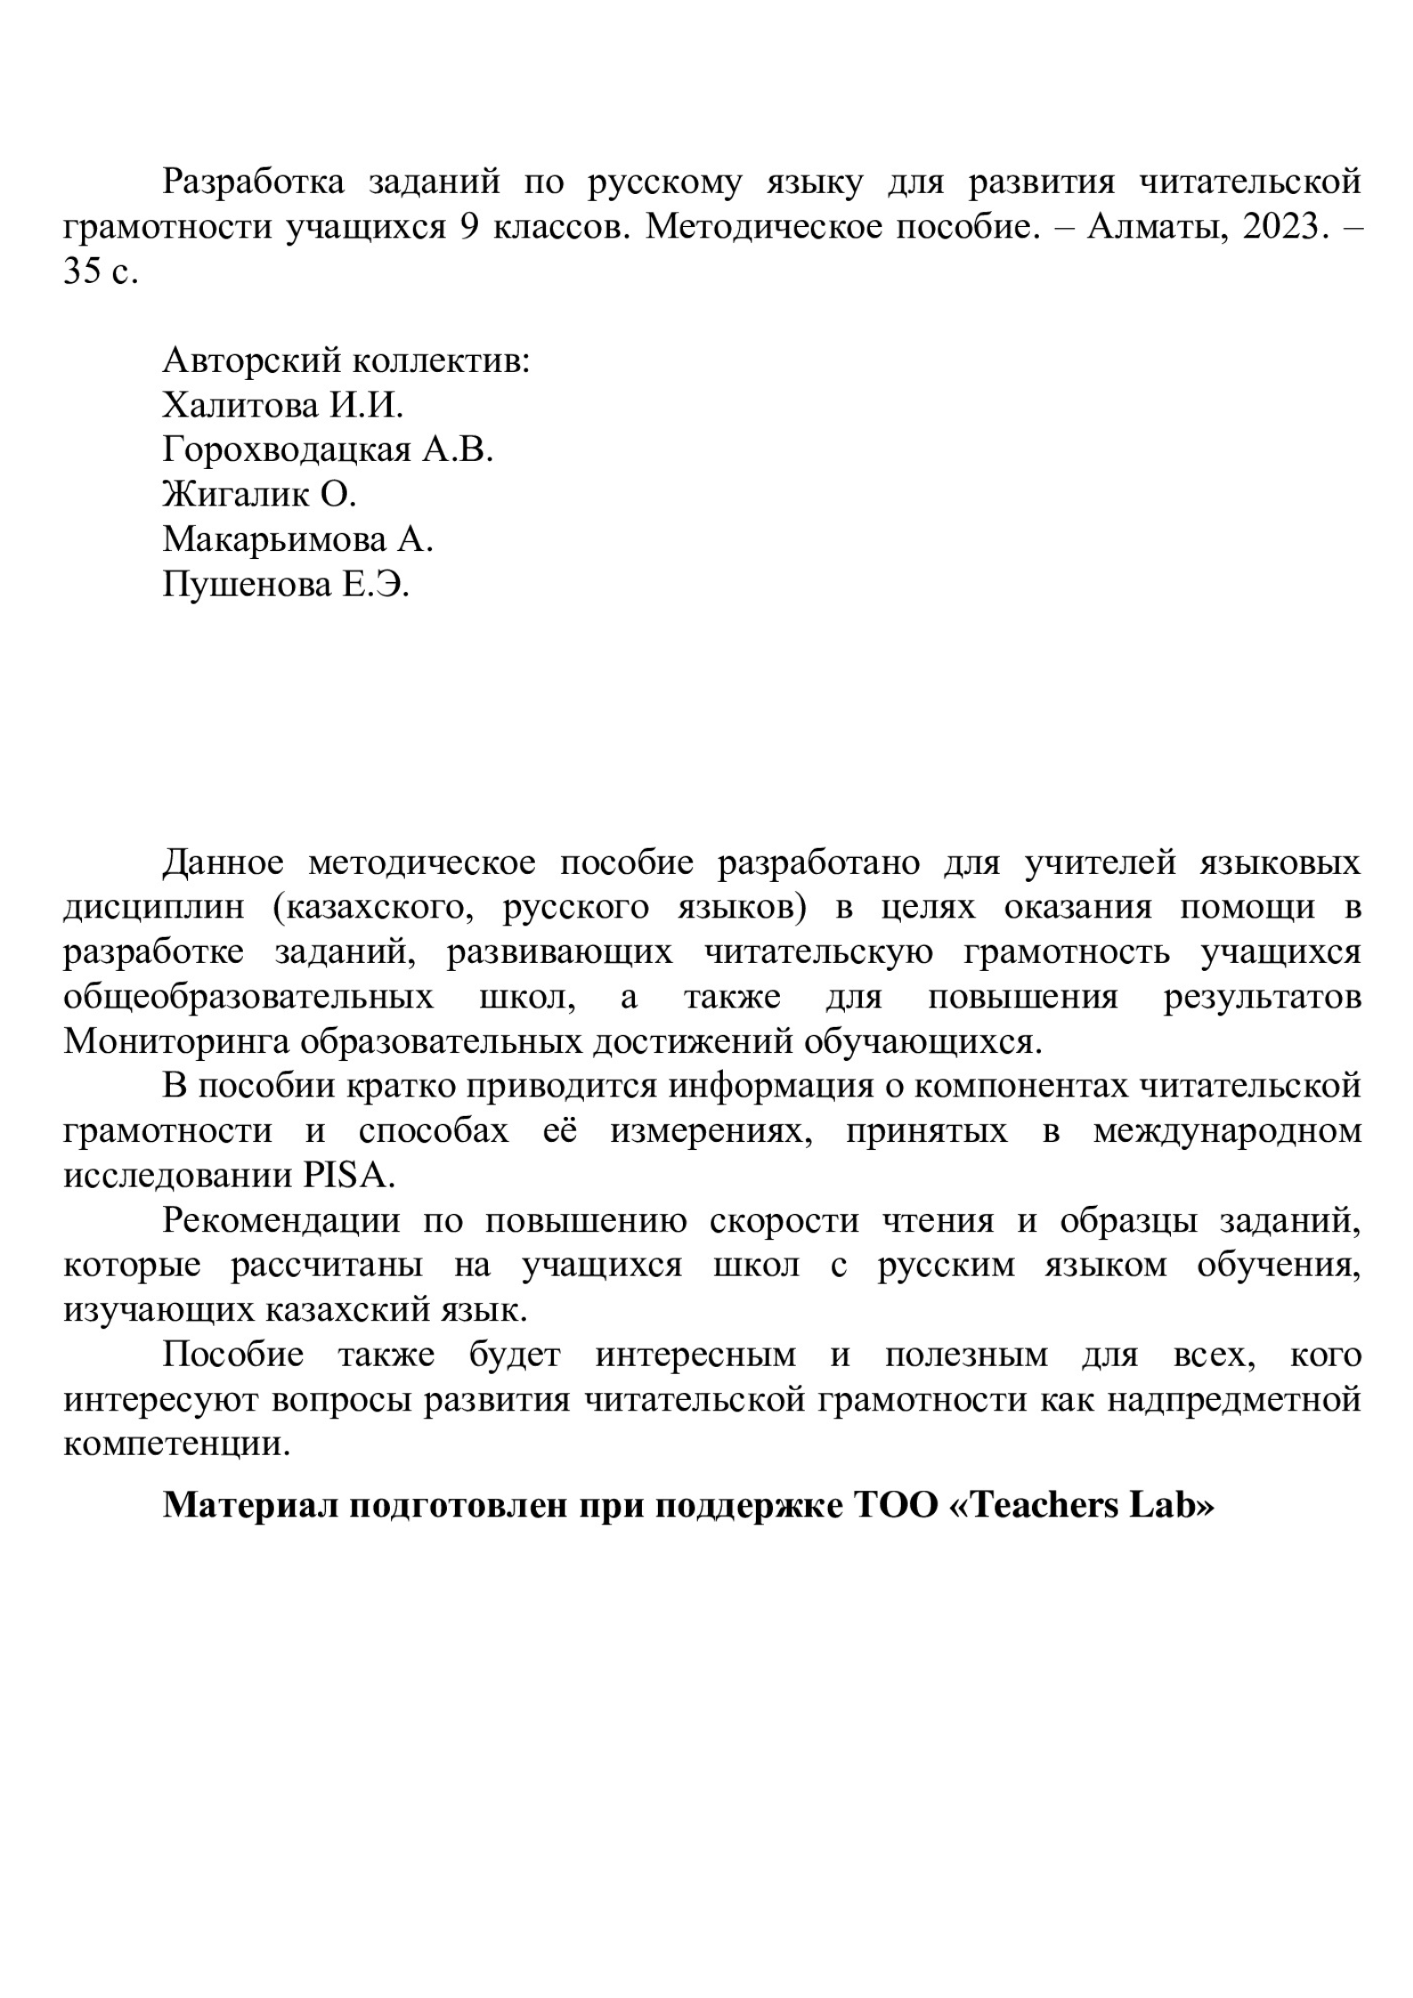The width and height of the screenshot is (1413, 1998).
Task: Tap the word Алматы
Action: pos(1141,227)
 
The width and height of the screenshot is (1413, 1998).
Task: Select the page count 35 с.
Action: pos(101,271)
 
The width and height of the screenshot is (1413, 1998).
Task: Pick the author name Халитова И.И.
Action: pos(282,406)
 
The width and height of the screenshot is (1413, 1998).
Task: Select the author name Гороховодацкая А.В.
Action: pos(328,450)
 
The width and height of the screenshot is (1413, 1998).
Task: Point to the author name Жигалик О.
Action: pos(259,495)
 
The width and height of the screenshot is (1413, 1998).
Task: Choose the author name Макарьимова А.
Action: pos(297,539)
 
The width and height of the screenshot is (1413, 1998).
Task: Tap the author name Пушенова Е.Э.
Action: pos(286,585)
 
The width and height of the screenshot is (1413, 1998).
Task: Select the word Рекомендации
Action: pos(281,1220)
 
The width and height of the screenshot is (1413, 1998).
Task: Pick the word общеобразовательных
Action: pos(248,998)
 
